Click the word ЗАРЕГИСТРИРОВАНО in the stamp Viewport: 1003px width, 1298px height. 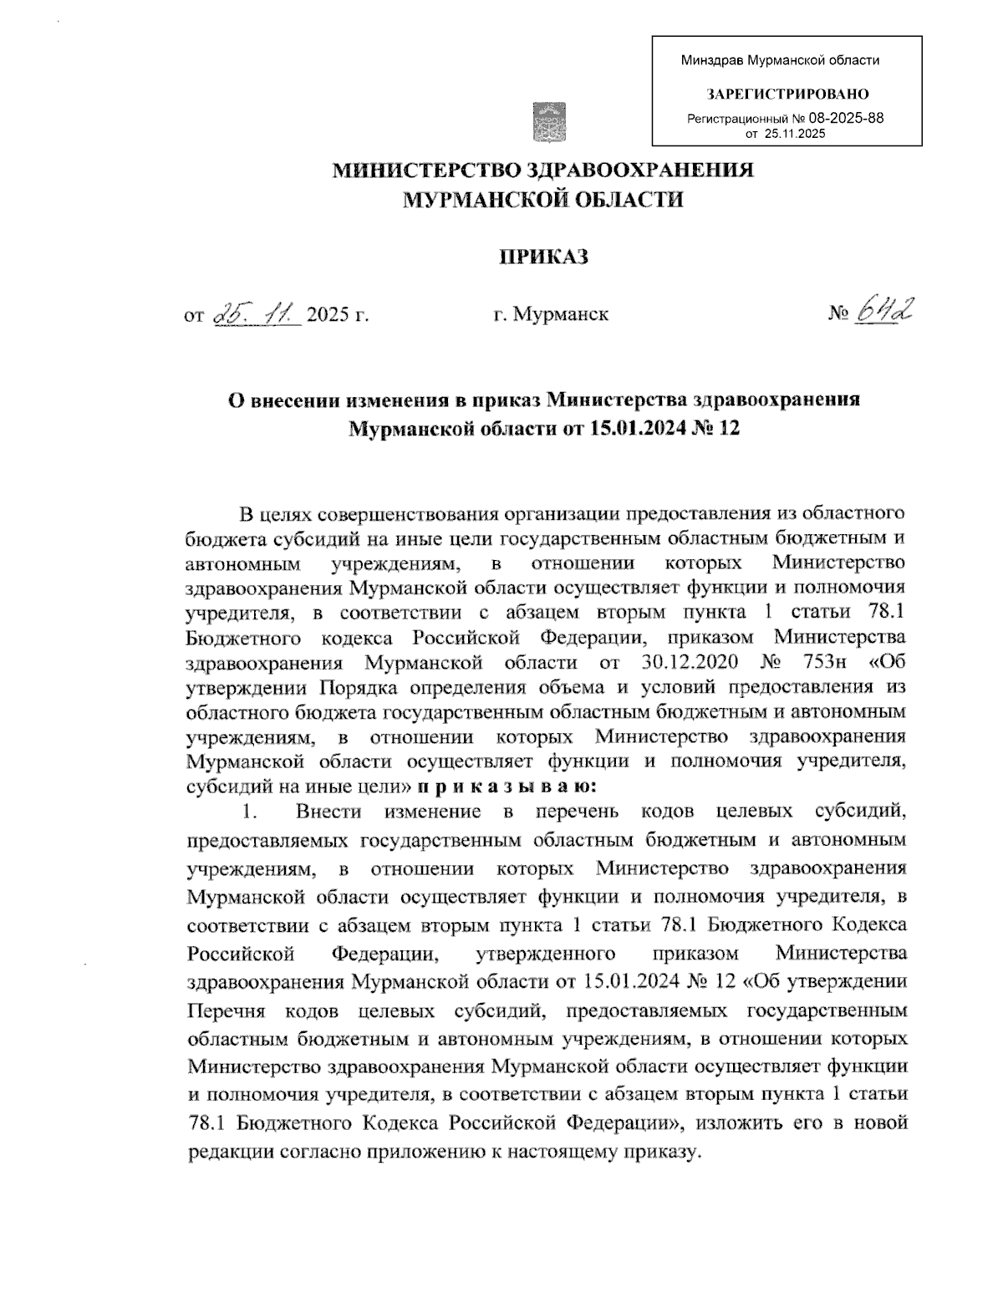tap(787, 94)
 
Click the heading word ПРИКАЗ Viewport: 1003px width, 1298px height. tap(544, 256)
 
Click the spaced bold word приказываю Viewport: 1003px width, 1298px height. tap(504, 786)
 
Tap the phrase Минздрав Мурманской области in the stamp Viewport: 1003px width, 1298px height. tap(780, 60)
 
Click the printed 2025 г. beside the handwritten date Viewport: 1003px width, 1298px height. tap(338, 315)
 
